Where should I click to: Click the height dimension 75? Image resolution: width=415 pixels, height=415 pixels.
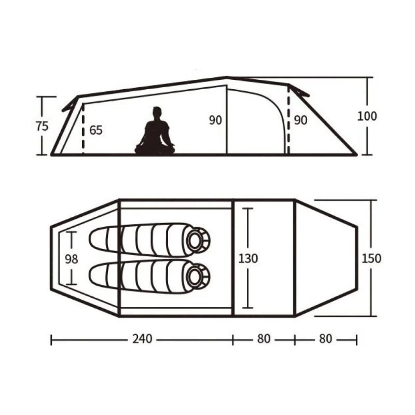click(x=43, y=126)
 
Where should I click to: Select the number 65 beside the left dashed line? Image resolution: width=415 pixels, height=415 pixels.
click(x=96, y=130)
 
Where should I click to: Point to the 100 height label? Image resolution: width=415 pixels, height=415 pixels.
click(x=367, y=116)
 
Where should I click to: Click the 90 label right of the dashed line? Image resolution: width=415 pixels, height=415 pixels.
click(x=300, y=120)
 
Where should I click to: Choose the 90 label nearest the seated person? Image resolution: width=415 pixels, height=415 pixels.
click(x=215, y=120)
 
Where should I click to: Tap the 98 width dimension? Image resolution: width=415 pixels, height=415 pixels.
click(x=72, y=259)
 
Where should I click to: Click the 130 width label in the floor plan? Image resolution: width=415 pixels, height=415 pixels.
click(x=248, y=258)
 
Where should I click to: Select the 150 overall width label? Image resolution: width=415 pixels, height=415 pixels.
click(x=372, y=258)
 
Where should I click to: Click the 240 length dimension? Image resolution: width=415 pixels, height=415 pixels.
click(x=142, y=339)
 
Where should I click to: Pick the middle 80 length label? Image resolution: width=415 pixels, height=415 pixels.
click(x=264, y=339)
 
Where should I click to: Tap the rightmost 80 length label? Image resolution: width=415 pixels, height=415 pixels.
click(x=325, y=339)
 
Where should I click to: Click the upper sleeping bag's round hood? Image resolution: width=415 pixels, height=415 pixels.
click(x=198, y=240)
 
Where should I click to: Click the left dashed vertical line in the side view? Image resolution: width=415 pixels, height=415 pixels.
click(x=83, y=130)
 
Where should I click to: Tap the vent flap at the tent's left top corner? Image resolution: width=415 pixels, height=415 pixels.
click(x=70, y=103)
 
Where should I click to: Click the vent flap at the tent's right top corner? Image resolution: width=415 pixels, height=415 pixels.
click(x=299, y=91)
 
